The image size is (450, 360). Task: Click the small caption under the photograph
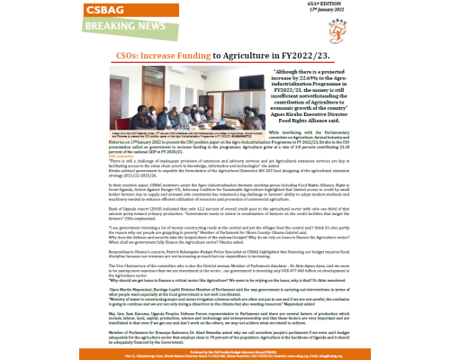[x=146, y=154]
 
